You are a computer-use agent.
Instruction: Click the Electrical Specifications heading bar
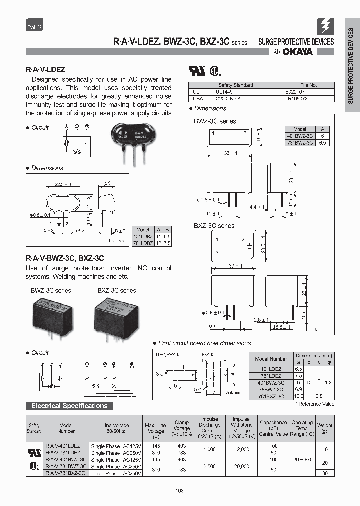point(69,406)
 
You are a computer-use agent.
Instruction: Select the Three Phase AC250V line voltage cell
point(115,473)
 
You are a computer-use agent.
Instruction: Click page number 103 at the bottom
point(180,491)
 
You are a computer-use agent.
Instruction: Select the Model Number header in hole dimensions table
point(271,359)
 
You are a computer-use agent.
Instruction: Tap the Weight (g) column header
point(325,428)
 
